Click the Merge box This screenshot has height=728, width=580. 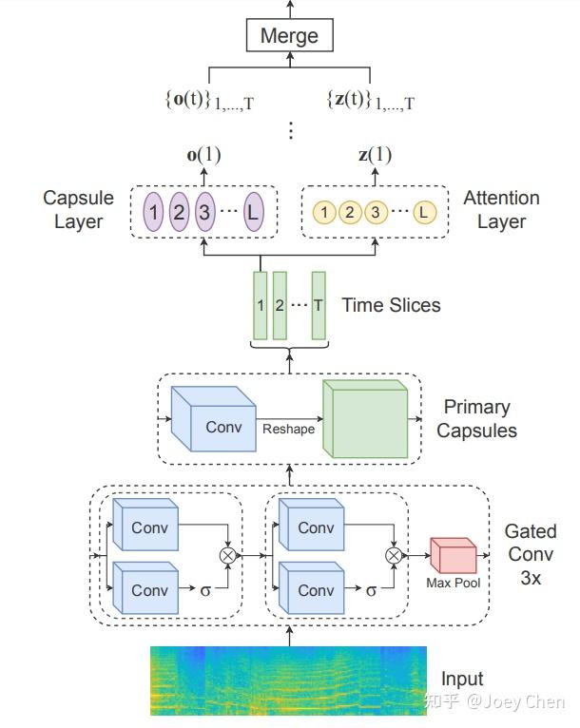pyautogui.click(x=290, y=36)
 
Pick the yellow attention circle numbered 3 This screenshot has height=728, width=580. pyautogui.click(x=376, y=212)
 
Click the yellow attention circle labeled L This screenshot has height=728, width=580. pyautogui.click(x=423, y=212)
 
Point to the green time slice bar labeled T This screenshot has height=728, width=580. pyautogui.click(x=319, y=305)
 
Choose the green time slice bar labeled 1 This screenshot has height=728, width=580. pyautogui.click(x=260, y=305)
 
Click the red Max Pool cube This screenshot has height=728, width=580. pyautogui.click(x=453, y=555)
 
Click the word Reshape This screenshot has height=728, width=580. pyautogui.click(x=288, y=429)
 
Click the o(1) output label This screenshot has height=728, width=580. pyautogui.click(x=203, y=155)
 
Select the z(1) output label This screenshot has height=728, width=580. pyautogui.click(x=374, y=155)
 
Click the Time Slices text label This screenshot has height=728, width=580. pyautogui.click(x=391, y=305)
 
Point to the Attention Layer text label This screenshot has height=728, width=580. pyautogui.click(x=501, y=210)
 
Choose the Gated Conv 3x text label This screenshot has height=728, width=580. pyautogui.click(x=531, y=553)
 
